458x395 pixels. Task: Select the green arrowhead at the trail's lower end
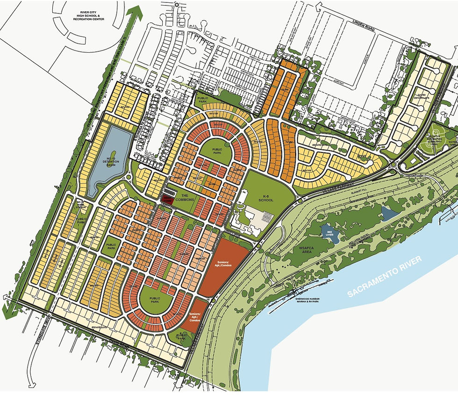7,309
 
